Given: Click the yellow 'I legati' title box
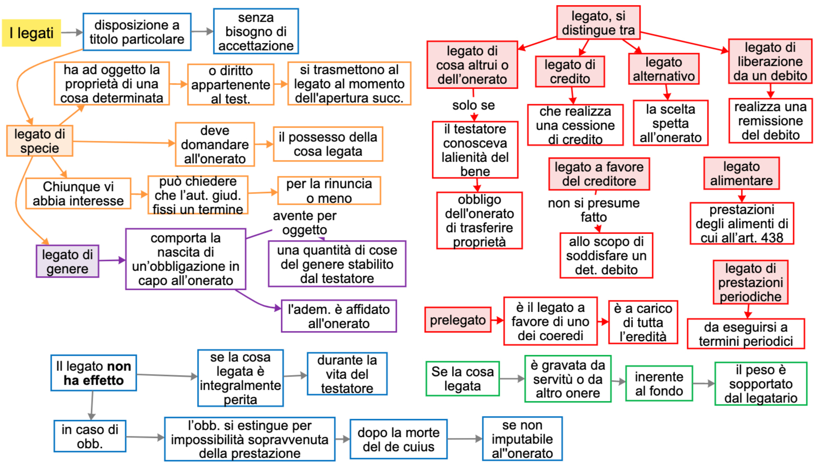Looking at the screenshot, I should point(31,33).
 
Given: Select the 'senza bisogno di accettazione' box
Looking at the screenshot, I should point(256,31).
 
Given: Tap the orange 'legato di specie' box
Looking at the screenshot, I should point(40,141).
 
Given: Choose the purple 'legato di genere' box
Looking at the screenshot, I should point(67,262).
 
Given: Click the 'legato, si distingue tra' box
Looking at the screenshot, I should point(598,23).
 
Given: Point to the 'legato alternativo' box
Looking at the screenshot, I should point(663,69).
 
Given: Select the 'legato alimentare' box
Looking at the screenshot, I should point(741,173).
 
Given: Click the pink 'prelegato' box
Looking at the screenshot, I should point(458,320).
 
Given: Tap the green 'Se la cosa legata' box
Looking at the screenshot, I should point(462,379).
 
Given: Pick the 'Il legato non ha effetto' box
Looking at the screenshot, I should point(94,373).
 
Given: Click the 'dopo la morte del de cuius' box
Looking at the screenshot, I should point(398,440).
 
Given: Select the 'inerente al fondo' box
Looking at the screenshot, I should point(659,384).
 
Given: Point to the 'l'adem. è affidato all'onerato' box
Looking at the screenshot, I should point(339,316).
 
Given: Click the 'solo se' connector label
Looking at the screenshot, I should point(473,105).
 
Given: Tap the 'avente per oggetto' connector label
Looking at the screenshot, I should point(305,223).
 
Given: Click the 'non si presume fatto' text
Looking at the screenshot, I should point(593,210).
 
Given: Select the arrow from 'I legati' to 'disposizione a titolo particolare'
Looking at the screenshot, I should point(71,32).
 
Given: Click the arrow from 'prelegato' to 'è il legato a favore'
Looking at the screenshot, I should point(497,320).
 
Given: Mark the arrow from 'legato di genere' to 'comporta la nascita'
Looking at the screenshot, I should point(112,260).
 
